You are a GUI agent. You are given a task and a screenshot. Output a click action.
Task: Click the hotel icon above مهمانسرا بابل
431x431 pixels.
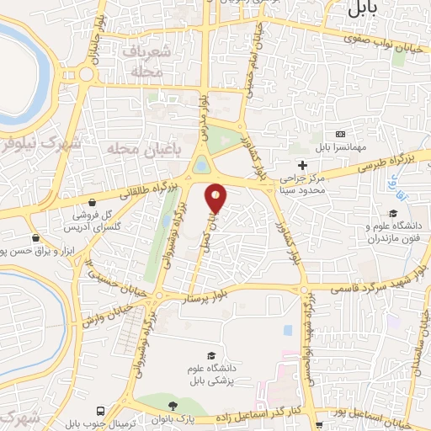pos(340,134)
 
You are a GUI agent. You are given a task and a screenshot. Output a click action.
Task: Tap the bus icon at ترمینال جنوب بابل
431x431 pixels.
pos(102,411)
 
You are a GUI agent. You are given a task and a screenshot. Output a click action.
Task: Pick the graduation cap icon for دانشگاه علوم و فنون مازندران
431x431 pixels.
pos(391,214)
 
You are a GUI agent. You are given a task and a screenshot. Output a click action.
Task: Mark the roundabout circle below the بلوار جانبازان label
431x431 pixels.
pos(87,74)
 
